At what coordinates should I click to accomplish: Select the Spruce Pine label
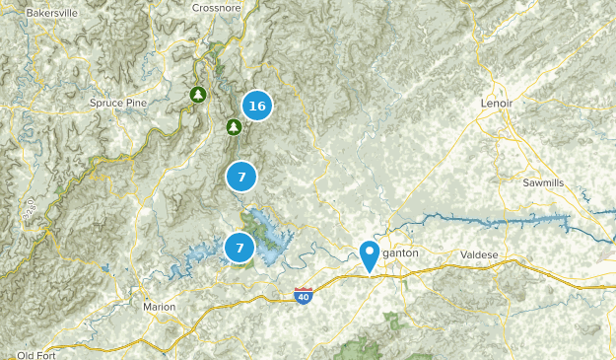coord(118,103)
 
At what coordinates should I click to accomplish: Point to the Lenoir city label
coord(498,103)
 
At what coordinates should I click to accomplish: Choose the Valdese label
coord(480,254)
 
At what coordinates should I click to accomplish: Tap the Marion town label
coord(159,307)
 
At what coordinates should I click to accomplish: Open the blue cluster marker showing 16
coord(257,107)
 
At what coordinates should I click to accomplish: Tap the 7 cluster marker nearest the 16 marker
coord(240,178)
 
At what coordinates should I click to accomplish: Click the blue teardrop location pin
coord(369,254)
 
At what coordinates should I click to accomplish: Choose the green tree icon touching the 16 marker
coord(234,126)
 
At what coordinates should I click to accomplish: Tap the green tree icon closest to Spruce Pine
coord(198,94)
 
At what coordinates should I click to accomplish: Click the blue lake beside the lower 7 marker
coord(268,232)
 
